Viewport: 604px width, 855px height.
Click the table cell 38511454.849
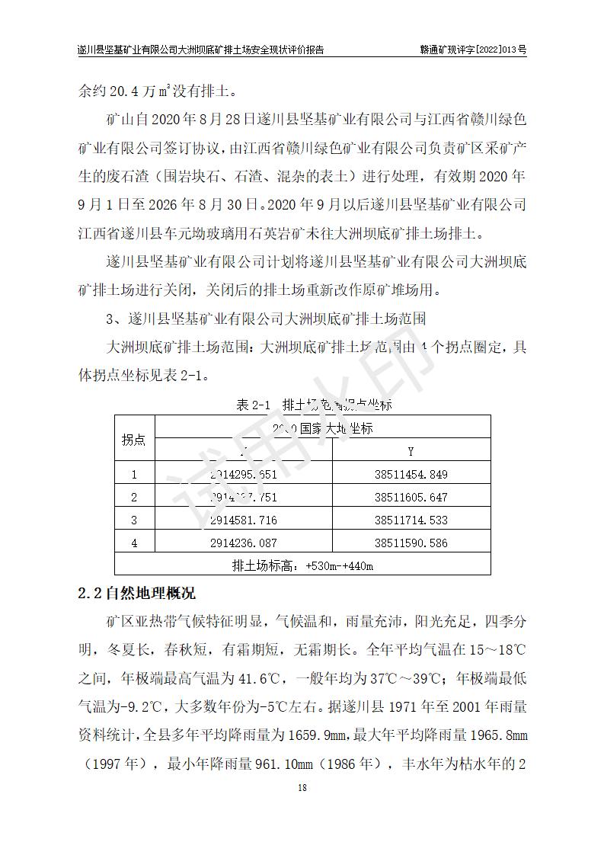click(411, 475)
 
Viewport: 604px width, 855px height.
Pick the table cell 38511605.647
click(411, 498)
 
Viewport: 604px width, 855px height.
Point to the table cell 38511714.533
click(411, 520)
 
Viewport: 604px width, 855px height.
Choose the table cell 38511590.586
click(411, 543)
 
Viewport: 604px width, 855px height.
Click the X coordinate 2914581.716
click(243, 520)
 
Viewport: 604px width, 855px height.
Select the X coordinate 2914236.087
click(243, 543)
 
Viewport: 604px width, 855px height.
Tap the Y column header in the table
click(411, 452)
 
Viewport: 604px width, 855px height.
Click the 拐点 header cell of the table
click(134, 440)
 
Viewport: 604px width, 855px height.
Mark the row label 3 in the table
click(134, 520)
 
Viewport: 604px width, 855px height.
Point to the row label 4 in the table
click(134, 543)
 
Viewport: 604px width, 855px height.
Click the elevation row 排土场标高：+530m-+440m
click(302, 566)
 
